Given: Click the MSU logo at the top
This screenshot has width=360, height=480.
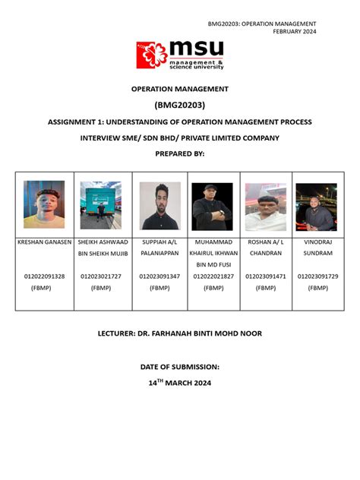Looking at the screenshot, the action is [x=180, y=55].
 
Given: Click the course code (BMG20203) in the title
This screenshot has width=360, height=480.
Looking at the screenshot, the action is [x=180, y=105].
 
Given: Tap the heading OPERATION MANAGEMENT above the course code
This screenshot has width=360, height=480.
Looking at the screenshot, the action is [x=180, y=90].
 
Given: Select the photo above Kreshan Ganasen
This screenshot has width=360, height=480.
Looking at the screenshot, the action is [x=44, y=204].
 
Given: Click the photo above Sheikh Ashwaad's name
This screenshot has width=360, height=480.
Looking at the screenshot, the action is [x=101, y=205].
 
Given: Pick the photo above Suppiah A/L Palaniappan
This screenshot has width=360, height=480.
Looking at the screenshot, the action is [x=159, y=205].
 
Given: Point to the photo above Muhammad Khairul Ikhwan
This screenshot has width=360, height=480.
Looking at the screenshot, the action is [x=213, y=205].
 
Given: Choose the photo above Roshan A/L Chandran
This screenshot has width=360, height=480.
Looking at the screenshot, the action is [x=266, y=205].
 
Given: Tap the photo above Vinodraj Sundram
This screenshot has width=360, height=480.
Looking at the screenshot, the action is [x=316, y=206].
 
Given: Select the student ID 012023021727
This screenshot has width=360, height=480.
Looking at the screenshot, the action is [x=101, y=276].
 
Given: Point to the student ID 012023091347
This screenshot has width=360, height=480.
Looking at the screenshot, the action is [x=159, y=276].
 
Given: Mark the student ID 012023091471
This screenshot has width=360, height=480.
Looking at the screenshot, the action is [x=266, y=276].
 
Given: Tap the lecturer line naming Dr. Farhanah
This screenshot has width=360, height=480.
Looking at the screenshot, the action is [x=180, y=333].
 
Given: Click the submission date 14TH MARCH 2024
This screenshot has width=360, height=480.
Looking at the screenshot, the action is [x=180, y=383].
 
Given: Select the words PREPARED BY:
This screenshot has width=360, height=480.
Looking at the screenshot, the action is [x=180, y=153].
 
